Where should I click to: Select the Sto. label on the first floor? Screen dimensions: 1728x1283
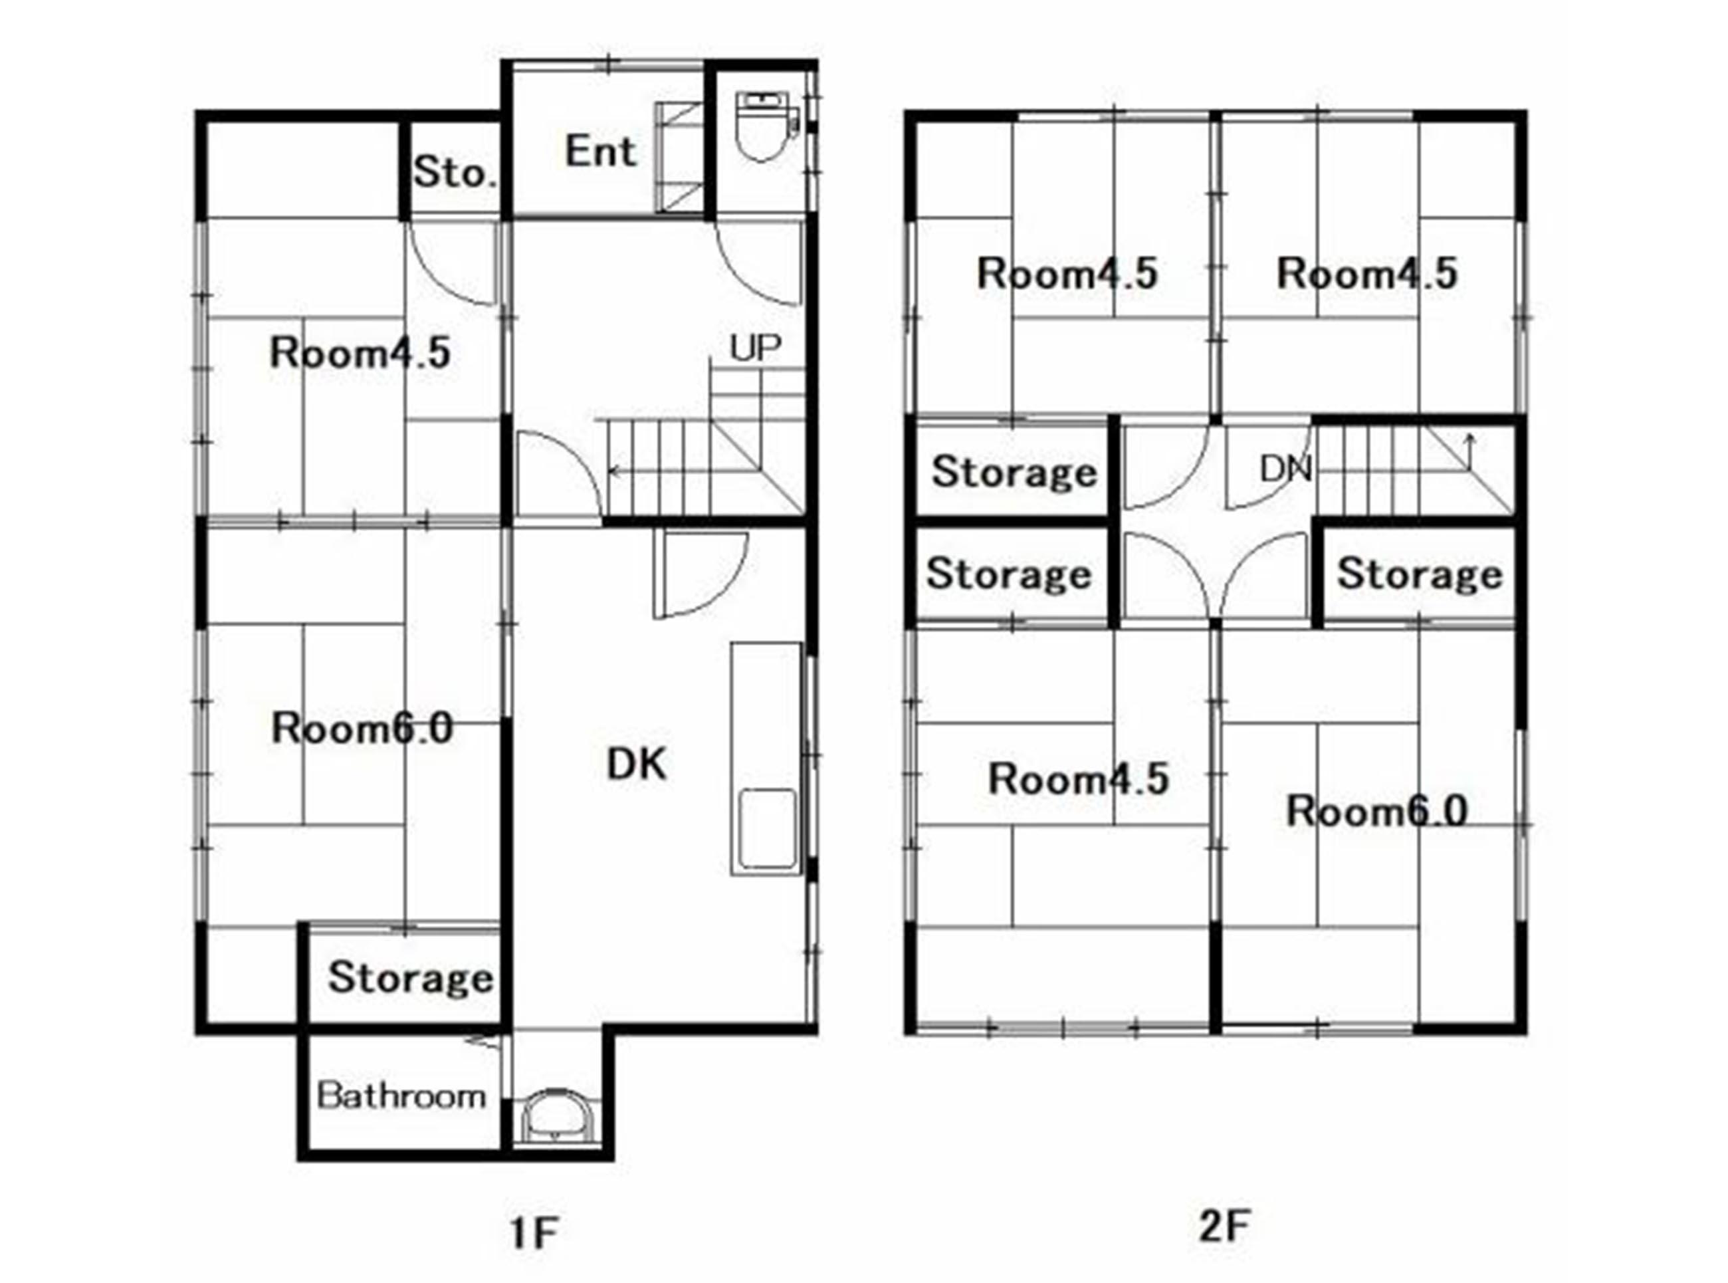454,172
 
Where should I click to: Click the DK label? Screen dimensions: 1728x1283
636,764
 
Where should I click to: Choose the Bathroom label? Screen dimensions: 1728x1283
401,1096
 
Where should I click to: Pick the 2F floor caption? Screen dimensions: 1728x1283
1224,1227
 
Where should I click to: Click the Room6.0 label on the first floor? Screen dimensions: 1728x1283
362,729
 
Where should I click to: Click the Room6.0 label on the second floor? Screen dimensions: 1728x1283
1376,812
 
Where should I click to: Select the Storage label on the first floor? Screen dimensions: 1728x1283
411,977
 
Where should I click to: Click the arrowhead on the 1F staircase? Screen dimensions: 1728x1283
613,471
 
